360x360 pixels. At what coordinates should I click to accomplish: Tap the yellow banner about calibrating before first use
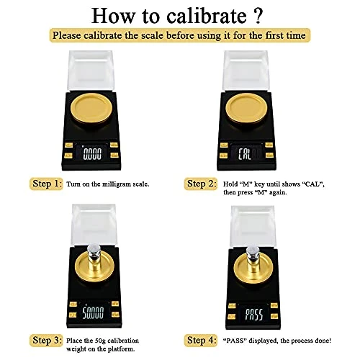[x=180, y=35]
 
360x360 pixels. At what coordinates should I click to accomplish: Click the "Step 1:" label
[x=46, y=184]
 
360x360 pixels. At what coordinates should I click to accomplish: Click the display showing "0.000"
[x=92, y=153]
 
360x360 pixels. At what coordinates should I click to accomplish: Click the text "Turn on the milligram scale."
[x=108, y=184]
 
